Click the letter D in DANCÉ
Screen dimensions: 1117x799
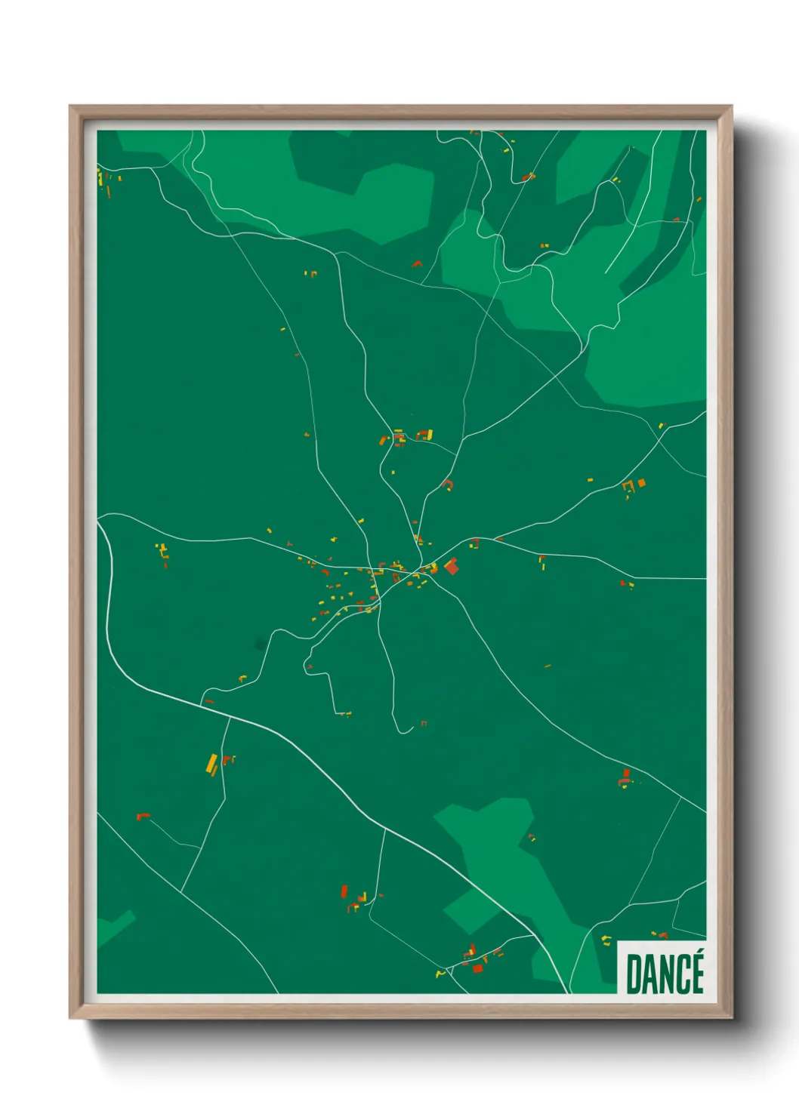point(634,974)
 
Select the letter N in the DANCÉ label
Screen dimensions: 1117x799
point(666,974)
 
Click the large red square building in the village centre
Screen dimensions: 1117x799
point(452,566)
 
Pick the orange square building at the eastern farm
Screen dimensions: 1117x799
point(642,483)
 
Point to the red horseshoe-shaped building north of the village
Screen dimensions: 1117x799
point(448,484)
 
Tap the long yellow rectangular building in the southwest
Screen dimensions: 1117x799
point(212,764)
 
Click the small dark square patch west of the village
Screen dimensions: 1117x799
point(261,644)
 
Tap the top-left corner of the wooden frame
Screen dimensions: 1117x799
point(71,107)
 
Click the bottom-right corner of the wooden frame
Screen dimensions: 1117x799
point(730,1017)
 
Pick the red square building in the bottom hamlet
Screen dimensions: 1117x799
point(477,968)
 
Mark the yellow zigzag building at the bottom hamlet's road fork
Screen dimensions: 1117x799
point(440,974)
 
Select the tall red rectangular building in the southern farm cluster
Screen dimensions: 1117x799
point(344,892)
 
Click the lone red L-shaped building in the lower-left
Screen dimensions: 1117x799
point(142,816)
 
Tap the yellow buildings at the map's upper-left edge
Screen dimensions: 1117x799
point(100,179)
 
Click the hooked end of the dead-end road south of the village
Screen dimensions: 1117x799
point(408,729)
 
